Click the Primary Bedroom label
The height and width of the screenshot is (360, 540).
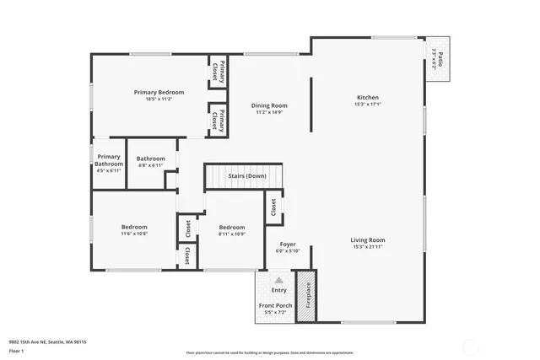(x=159, y=92)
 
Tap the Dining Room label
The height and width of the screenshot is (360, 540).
(x=270, y=105)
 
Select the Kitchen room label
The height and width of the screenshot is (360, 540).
(x=368, y=98)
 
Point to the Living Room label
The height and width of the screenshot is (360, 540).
(x=368, y=240)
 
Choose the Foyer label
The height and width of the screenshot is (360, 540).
(x=287, y=244)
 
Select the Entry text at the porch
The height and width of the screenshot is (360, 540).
(x=278, y=290)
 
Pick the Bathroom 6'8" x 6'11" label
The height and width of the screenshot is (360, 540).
(x=151, y=158)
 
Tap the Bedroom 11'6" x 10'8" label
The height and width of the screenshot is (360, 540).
(x=134, y=227)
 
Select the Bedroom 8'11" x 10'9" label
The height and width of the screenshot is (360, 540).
(x=232, y=227)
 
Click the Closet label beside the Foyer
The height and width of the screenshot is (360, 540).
(x=273, y=207)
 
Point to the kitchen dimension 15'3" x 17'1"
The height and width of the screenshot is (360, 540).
(x=368, y=105)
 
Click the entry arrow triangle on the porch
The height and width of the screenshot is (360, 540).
(x=278, y=280)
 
